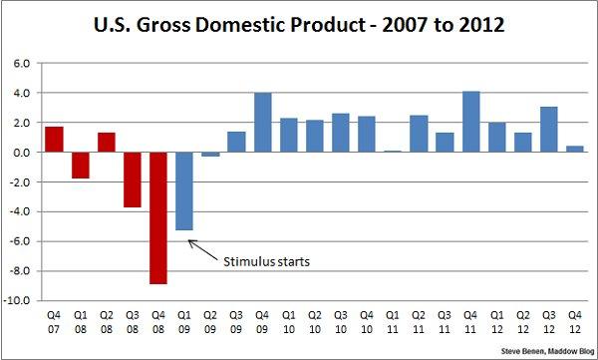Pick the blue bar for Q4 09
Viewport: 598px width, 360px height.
point(263,123)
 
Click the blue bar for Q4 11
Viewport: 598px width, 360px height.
point(471,122)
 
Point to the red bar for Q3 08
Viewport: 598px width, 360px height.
point(133,180)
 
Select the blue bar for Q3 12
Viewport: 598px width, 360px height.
point(550,130)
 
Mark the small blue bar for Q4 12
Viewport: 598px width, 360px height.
point(576,150)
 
